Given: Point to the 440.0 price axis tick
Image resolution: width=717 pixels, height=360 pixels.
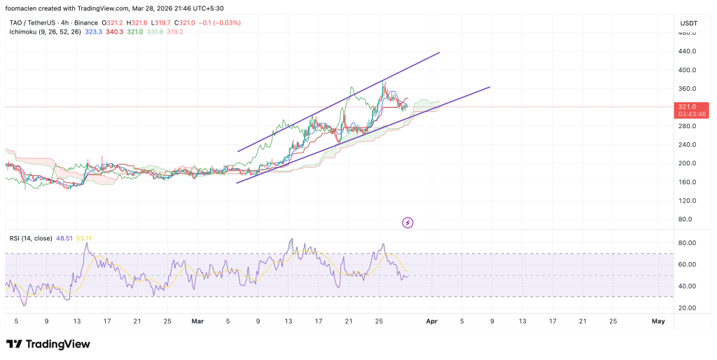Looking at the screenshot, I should point(686,51).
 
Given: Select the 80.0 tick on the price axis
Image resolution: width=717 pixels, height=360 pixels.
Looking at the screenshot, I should point(686,219).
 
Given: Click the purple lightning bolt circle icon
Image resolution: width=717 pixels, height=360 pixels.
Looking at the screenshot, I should point(408,223).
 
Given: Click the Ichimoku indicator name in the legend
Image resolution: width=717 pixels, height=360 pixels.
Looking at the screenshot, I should point(25,32).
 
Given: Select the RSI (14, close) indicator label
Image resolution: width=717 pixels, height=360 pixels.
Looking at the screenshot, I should point(30,238).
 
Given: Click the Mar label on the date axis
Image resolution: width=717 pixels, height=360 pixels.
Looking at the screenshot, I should point(197,321).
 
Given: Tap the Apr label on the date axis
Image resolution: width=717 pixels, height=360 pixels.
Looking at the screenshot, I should point(432,321).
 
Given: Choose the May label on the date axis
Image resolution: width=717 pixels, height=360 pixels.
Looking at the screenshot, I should point(658,321).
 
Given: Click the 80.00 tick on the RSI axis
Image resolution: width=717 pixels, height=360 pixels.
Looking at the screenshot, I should point(686,243).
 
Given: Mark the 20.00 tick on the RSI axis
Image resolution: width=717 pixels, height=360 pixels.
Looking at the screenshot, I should point(686,307).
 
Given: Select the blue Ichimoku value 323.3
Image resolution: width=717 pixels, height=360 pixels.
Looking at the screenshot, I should point(93,32).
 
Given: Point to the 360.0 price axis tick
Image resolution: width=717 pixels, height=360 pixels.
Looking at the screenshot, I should point(686,89).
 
